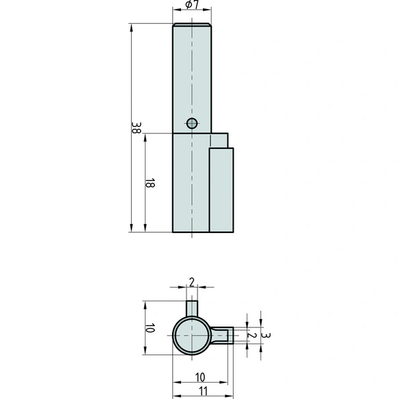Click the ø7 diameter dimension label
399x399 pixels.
(192, 4)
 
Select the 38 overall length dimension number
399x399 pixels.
(136, 128)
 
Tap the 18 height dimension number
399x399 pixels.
(150, 183)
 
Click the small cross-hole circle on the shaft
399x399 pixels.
(192, 124)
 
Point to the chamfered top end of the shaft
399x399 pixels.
(192, 25)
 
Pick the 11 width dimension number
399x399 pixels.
(203, 391)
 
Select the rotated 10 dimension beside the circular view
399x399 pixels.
(150, 328)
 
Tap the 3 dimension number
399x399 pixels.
(266, 335)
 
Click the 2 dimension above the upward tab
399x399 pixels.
(192, 282)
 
